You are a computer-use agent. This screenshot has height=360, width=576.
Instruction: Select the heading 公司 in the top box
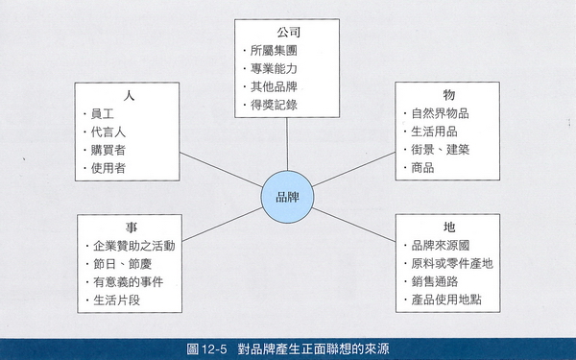288,32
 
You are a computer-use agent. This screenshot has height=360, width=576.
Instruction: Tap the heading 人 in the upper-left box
128,96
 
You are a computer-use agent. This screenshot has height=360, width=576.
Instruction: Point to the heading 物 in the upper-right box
447,95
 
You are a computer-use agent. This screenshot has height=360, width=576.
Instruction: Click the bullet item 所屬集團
273,51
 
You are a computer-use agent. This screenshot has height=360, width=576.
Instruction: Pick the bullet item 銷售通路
435,281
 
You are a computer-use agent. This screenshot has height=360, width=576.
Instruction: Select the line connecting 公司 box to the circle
288,144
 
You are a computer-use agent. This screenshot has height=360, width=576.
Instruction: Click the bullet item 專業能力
273,68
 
